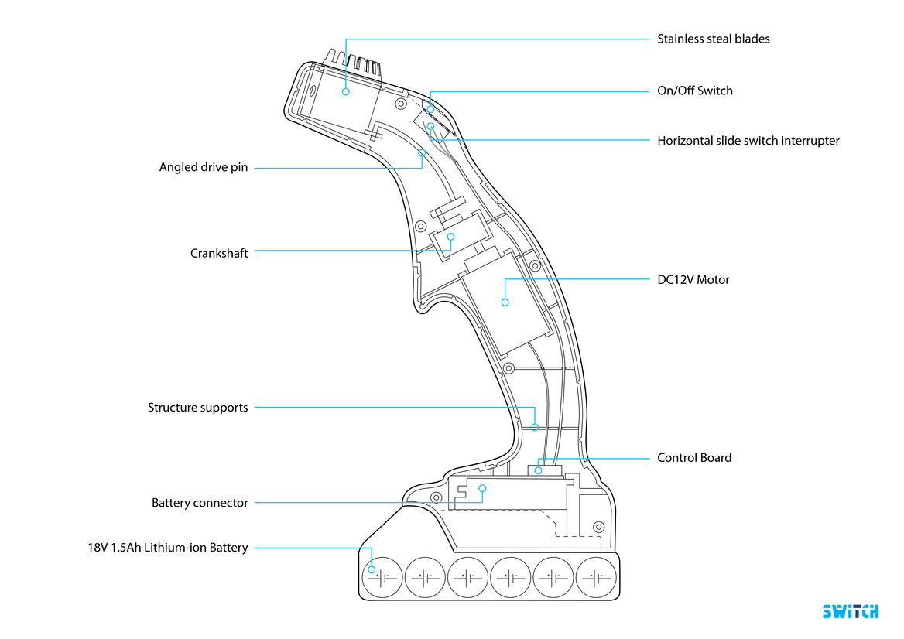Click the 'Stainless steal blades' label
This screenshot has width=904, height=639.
pyautogui.click(x=713, y=39)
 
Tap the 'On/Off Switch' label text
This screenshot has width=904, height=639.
pyautogui.click(x=694, y=91)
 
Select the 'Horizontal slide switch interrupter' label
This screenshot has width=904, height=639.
pyautogui.click(x=748, y=141)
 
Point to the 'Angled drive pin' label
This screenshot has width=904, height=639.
pyautogui.click(x=204, y=167)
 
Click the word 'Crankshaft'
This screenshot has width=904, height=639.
pyautogui.click(x=219, y=253)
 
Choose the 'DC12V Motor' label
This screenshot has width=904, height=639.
pyautogui.click(x=693, y=279)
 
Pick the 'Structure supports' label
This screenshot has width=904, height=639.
pyautogui.click(x=198, y=407)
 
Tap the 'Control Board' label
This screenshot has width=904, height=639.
pyautogui.click(x=693, y=457)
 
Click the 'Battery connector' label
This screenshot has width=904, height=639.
pyautogui.click(x=200, y=503)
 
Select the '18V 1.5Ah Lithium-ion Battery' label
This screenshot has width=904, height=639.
pyautogui.click(x=168, y=548)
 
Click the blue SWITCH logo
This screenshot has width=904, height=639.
pyautogui.click(x=850, y=611)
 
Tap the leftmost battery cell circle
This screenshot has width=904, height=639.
pyautogui.click(x=382, y=577)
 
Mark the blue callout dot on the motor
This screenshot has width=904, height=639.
pyautogui.click(x=505, y=302)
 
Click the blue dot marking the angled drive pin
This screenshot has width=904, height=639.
pyautogui.click(x=422, y=152)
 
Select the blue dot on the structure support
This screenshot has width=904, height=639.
pyautogui.click(x=535, y=427)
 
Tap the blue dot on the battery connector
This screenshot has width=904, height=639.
pyautogui.click(x=482, y=488)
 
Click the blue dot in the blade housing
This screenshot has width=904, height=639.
pyautogui.click(x=346, y=91)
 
